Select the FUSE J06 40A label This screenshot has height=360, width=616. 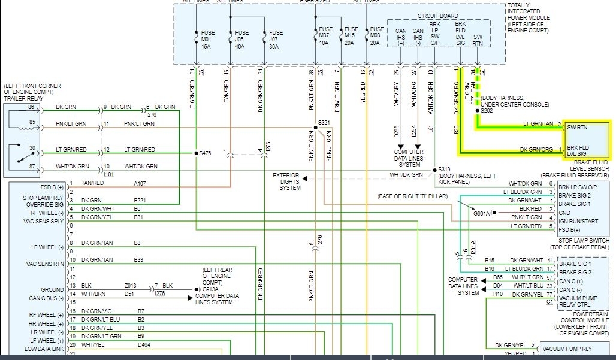click(x=241, y=40)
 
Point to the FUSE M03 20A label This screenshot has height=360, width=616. click(x=377, y=36)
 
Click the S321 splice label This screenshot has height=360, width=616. click(x=324, y=122)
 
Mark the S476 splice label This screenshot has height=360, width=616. click(x=206, y=153)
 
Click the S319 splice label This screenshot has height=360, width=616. click(x=444, y=170)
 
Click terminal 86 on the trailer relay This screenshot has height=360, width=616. click(x=31, y=107)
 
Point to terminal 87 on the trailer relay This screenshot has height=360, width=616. click(x=31, y=166)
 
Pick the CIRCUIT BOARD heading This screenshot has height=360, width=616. click(x=438, y=16)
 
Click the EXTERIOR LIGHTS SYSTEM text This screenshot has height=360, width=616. click(x=286, y=182)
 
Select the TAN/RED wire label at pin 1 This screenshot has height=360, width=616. click(x=92, y=183)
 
